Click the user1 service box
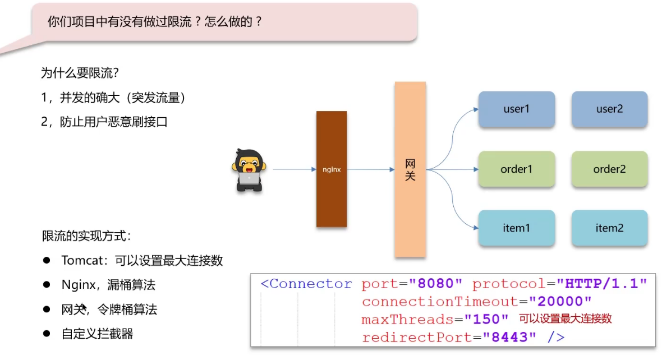[x=516, y=109]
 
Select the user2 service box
[x=609, y=109]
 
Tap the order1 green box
[x=516, y=169]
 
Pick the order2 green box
[x=609, y=169]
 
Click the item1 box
[x=516, y=228]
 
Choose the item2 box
[x=609, y=228]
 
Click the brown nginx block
[x=332, y=169]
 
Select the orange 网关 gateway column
[x=410, y=169]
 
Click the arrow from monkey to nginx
[x=294, y=169]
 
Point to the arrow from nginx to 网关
[x=370, y=169]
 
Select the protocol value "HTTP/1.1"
[x=602, y=284]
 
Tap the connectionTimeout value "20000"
[x=560, y=302]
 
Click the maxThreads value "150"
[x=486, y=320]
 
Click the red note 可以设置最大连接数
[x=565, y=319]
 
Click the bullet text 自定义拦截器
[x=97, y=334]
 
